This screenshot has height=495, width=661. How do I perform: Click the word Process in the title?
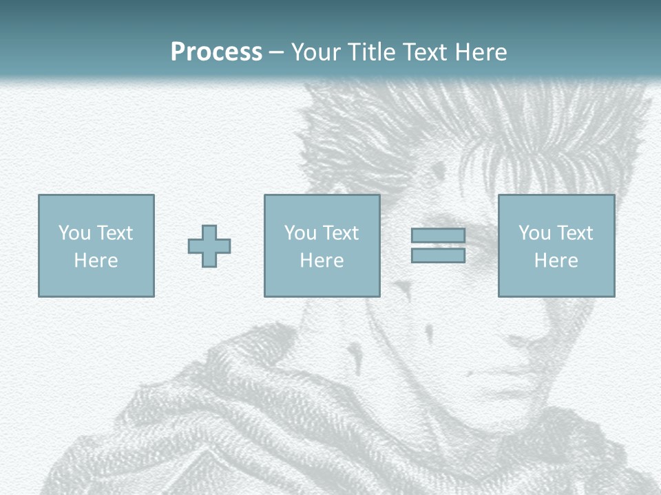(216, 52)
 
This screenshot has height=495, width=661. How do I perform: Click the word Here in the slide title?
(482, 52)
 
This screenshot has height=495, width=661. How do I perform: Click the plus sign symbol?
(209, 246)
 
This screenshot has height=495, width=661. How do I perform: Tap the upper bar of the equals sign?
(438, 236)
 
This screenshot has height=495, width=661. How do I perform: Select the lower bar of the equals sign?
(438, 256)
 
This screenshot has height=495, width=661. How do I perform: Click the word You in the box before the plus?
(73, 233)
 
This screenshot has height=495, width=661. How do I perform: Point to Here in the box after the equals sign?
(556, 261)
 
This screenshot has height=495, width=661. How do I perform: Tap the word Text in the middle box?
(342, 233)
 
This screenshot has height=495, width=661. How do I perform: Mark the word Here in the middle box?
(322, 261)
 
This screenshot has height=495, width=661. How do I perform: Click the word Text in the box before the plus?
(116, 233)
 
